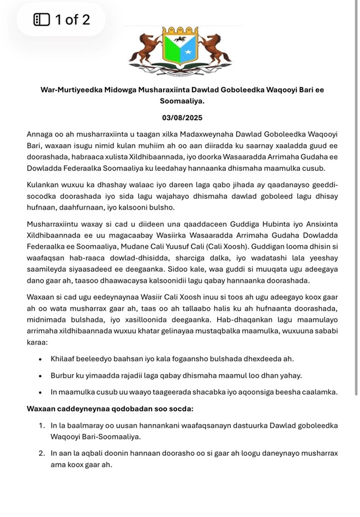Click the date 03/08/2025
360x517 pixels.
point(179,117)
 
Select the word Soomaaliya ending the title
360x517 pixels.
point(179,101)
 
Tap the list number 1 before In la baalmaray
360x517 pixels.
point(41,425)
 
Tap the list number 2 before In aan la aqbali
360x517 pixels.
point(41,453)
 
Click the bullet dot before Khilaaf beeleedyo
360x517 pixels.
point(41,359)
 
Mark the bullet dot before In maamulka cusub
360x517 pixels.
point(41,392)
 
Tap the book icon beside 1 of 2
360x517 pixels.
point(41,21)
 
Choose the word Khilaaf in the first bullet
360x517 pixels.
point(63,359)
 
